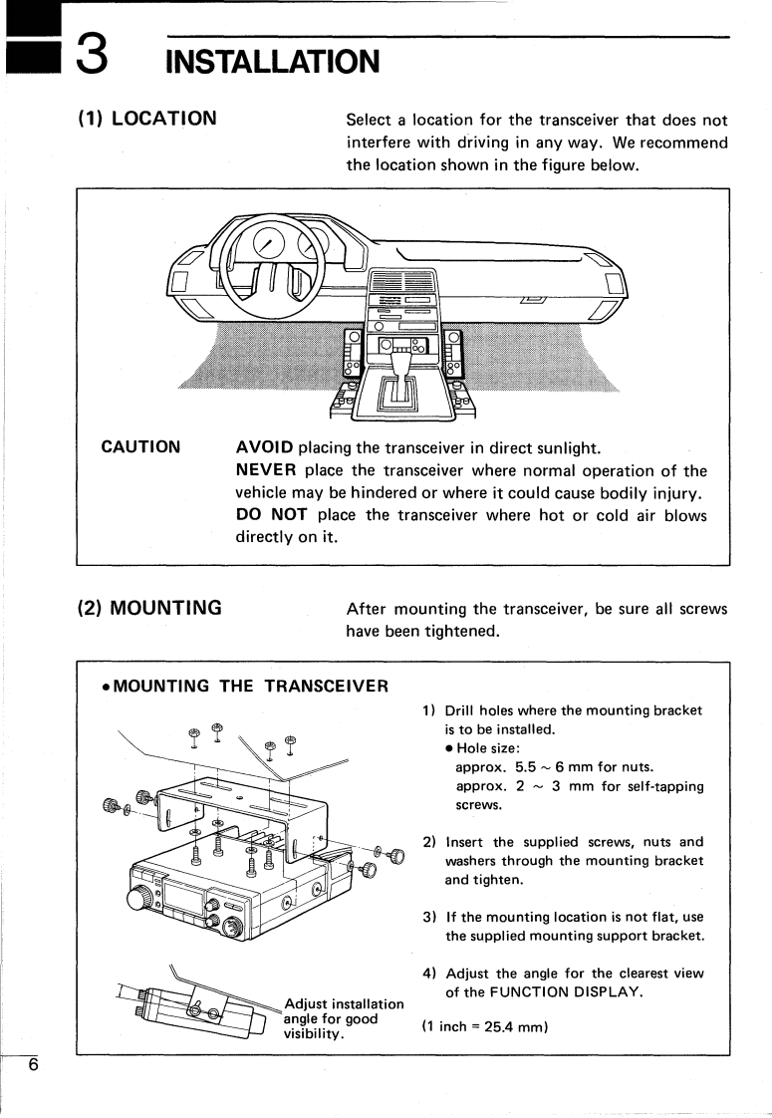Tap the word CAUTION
[141, 447]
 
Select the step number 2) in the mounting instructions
[429, 842]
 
